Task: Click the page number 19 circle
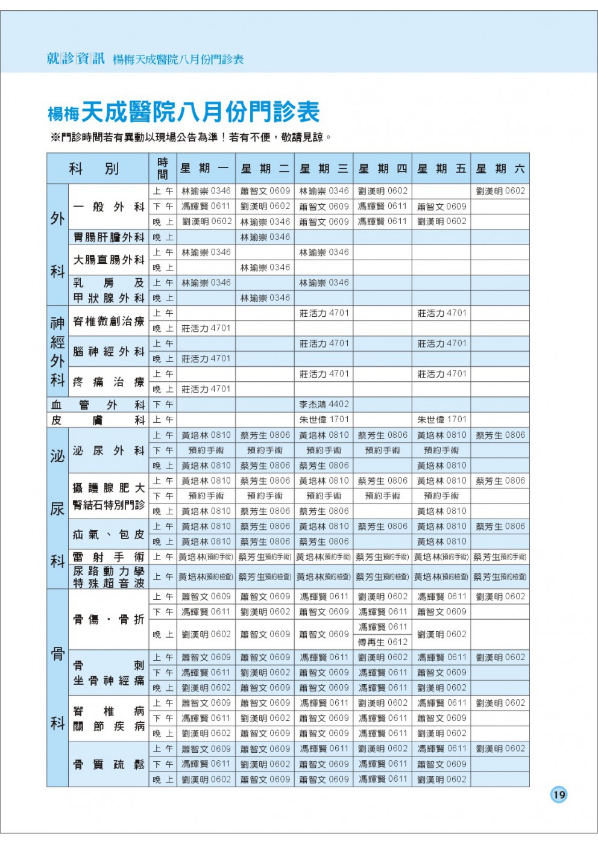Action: (559, 794)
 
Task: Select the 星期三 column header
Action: (324, 169)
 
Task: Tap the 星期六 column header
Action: (500, 169)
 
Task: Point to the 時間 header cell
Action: (162, 169)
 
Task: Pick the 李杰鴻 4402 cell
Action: (324, 405)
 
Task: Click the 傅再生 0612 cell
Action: (383, 642)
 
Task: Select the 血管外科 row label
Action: (97, 405)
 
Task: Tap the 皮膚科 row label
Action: (97, 420)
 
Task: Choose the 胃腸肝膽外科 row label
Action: (109, 237)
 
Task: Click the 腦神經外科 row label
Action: (109, 351)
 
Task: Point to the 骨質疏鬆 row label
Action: (109, 764)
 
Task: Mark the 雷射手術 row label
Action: (109, 557)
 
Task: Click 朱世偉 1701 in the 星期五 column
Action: (442, 420)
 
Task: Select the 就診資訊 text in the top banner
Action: (76, 58)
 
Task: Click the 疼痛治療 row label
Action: (109, 382)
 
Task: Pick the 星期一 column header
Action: (205, 169)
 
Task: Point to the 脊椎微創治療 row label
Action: (109, 321)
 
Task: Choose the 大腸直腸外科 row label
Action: (109, 260)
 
